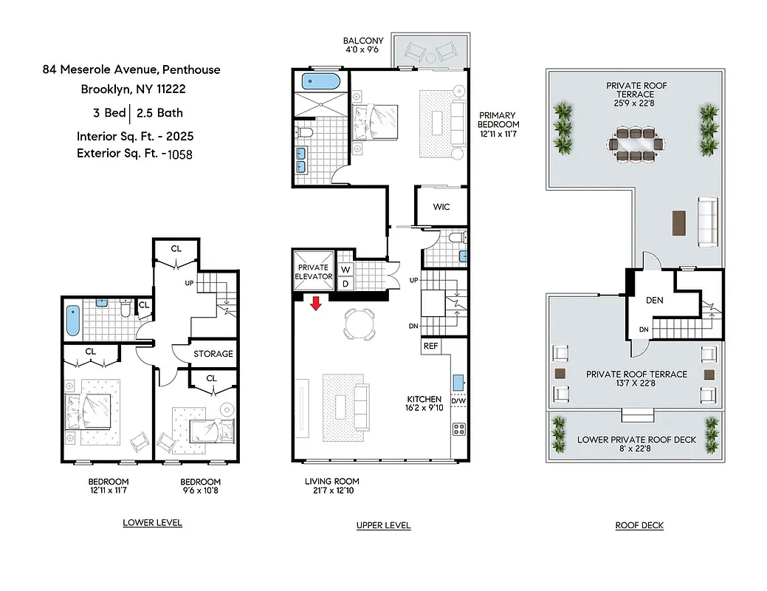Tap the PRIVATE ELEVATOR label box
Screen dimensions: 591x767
click(x=314, y=271)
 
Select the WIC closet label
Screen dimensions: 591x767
click(x=441, y=207)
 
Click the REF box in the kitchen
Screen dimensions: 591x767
click(x=430, y=345)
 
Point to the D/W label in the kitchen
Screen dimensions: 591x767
click(x=458, y=402)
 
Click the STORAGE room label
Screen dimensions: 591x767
click(x=213, y=354)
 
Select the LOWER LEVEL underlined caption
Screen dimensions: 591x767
click(x=152, y=523)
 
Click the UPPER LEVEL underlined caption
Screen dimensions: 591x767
click(x=383, y=525)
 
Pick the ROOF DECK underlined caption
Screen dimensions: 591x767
click(x=639, y=526)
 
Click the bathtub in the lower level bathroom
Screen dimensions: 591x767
click(x=74, y=321)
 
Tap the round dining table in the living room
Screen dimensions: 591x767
click(x=359, y=324)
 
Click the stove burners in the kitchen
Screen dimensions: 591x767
click(x=458, y=428)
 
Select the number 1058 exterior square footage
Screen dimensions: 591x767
click(x=181, y=154)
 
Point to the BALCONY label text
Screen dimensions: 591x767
click(x=362, y=41)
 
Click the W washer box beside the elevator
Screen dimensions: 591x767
click(x=345, y=270)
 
